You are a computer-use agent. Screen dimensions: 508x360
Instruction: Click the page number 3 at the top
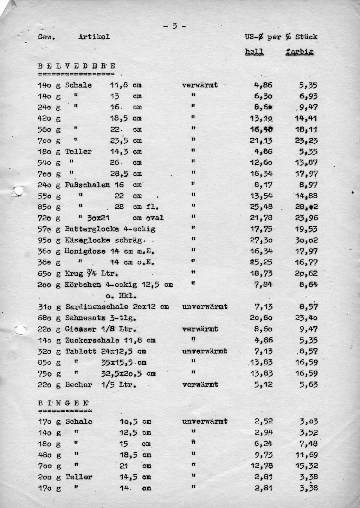(x=174, y=26)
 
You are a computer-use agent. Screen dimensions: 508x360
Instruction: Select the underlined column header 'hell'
(x=254, y=52)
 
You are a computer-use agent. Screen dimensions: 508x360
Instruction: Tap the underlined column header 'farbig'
(x=300, y=52)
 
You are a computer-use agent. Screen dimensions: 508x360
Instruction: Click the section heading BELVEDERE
(x=77, y=66)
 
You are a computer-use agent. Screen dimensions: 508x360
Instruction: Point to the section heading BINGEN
(x=64, y=403)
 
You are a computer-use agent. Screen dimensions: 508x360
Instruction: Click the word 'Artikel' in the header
(x=94, y=37)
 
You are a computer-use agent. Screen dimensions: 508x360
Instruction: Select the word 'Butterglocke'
(x=92, y=229)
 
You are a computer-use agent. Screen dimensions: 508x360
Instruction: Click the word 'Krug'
(x=74, y=273)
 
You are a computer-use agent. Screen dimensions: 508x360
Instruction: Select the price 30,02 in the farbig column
(x=306, y=240)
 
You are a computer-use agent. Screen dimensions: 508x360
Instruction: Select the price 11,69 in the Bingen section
(x=306, y=455)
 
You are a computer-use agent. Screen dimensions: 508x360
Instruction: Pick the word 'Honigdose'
(x=84, y=251)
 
